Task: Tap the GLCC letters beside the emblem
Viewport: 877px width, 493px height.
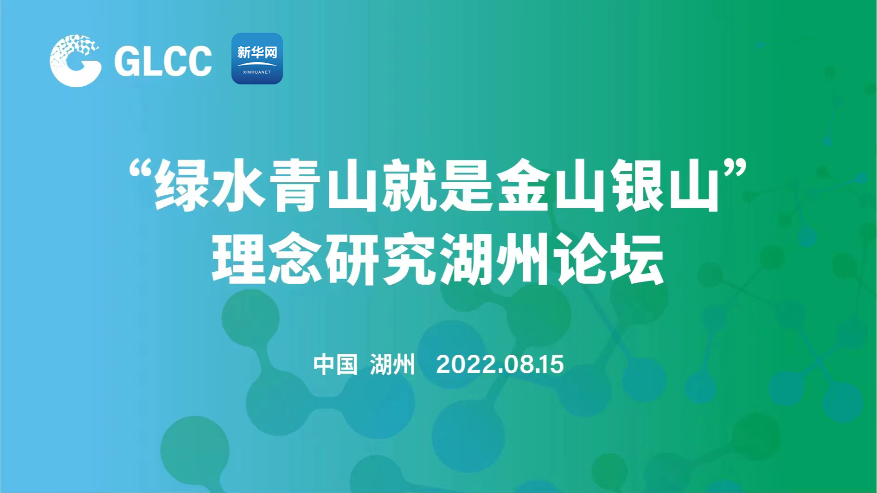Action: pyautogui.click(x=163, y=61)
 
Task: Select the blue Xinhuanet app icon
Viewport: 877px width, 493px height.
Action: pyautogui.click(x=257, y=58)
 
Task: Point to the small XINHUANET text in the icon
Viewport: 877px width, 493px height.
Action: pyautogui.click(x=257, y=72)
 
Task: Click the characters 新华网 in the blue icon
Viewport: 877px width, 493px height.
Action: pyautogui.click(x=257, y=52)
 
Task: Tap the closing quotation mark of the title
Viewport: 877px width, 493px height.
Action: pyautogui.click(x=734, y=170)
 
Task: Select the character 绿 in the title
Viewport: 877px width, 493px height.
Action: pyautogui.click(x=182, y=186)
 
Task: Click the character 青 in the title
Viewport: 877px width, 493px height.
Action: pyautogui.click(x=295, y=186)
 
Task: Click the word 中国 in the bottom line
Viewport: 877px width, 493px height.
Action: pyautogui.click(x=335, y=365)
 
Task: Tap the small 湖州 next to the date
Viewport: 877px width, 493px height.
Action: pyautogui.click(x=392, y=365)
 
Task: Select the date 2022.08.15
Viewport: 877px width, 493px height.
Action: pyautogui.click(x=500, y=365)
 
